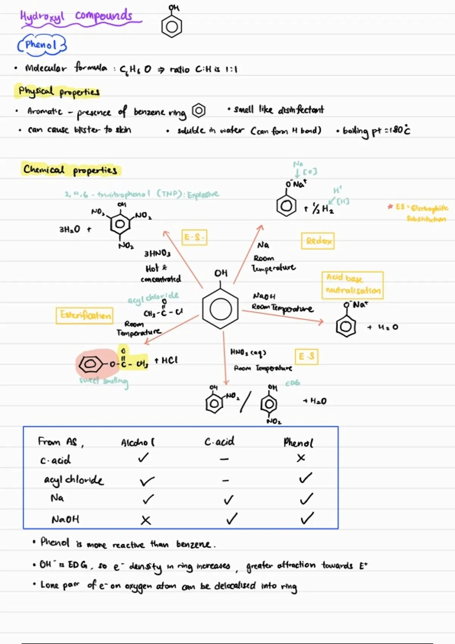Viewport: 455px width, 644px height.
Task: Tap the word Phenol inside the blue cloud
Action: (41, 45)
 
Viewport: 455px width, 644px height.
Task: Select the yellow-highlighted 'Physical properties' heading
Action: (59, 91)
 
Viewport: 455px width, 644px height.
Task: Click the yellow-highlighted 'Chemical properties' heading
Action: (70, 169)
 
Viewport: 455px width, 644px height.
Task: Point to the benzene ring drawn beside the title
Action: (172, 27)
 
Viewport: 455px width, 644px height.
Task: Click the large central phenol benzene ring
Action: (220, 309)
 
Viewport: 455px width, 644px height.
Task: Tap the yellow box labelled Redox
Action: (318, 241)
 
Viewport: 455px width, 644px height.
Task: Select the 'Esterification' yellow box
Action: (85, 315)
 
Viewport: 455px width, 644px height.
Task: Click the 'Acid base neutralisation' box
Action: (352, 285)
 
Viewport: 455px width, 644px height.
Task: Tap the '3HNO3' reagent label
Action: (157, 253)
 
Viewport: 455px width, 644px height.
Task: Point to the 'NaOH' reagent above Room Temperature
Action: (264, 296)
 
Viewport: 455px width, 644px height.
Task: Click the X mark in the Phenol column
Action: (301, 458)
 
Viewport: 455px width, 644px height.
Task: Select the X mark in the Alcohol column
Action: (146, 520)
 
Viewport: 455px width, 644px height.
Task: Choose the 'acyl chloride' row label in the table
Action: (74, 480)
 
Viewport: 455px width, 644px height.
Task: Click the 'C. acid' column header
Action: (220, 442)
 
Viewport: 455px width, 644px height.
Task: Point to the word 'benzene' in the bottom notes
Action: (193, 544)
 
